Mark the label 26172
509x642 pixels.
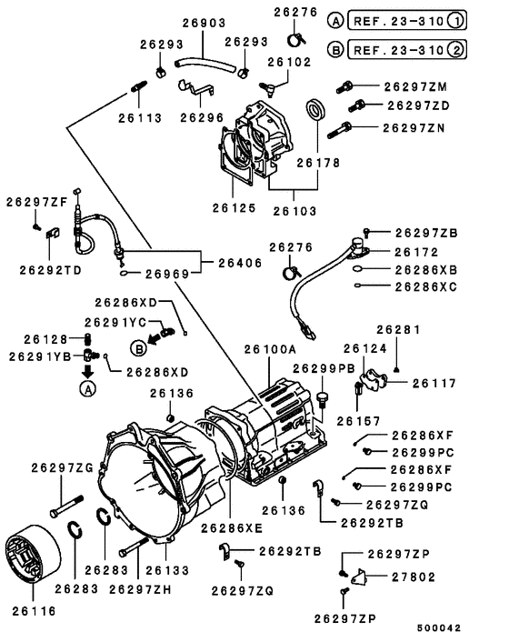coord(418,251)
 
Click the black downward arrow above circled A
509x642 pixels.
coord(87,372)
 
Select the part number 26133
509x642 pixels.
coord(167,570)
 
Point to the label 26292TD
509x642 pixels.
coord(50,270)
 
